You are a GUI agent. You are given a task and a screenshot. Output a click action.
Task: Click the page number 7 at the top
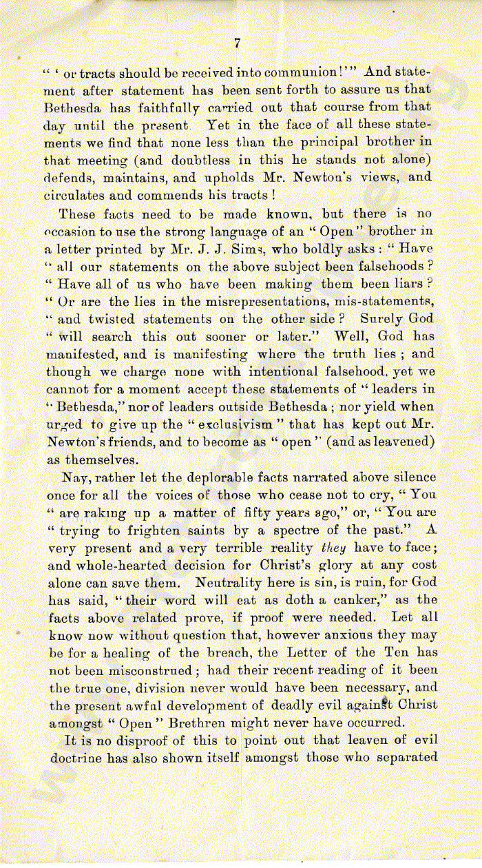(236, 43)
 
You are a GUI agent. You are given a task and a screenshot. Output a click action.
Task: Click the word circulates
(80, 195)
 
